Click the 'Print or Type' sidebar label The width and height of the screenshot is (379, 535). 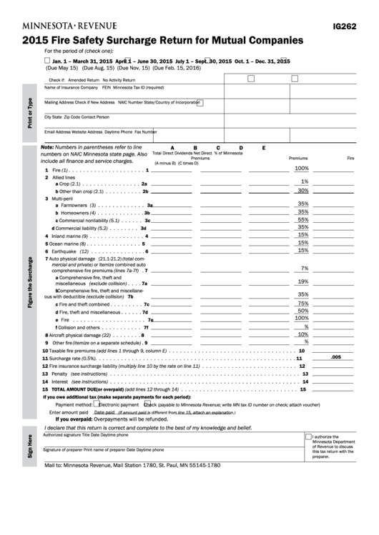click(x=29, y=112)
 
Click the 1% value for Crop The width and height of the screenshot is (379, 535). click(x=304, y=182)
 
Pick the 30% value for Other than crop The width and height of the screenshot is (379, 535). click(x=302, y=191)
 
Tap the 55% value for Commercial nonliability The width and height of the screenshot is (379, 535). click(x=302, y=220)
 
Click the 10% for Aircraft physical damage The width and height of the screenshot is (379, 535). click(x=302, y=334)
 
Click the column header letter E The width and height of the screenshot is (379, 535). click(x=264, y=148)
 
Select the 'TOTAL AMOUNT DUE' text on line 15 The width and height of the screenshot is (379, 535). click(x=79, y=389)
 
